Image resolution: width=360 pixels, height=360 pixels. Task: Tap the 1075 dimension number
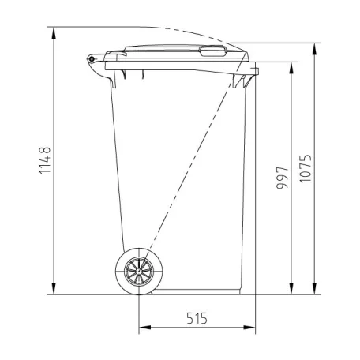coord(307,167)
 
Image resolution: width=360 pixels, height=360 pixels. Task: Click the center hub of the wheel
coord(140,272)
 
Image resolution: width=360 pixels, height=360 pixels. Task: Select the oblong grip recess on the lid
coord(212,53)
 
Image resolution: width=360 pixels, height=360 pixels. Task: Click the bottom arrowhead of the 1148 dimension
coord(54,288)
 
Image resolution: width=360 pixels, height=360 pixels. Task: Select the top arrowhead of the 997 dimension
coord(292,66)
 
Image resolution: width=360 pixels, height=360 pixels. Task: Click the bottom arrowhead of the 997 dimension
coord(292,288)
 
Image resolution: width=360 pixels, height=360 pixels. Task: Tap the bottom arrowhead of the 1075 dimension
coord(317,288)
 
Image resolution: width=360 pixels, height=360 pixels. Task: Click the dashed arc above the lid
coord(182,30)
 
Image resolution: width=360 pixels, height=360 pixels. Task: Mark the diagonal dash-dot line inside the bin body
coord(189,174)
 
